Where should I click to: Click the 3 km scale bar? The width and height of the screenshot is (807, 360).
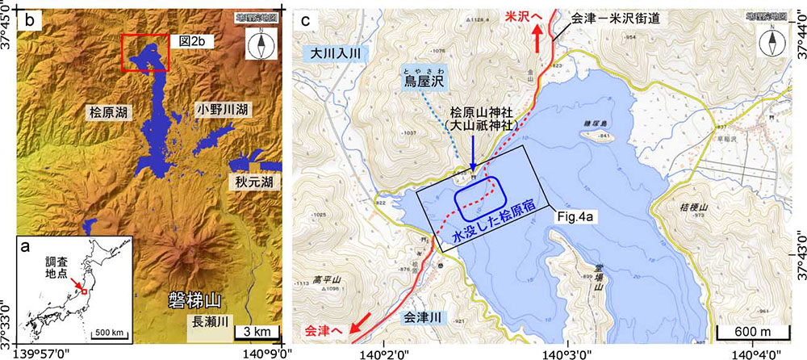[x=257, y=332]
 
